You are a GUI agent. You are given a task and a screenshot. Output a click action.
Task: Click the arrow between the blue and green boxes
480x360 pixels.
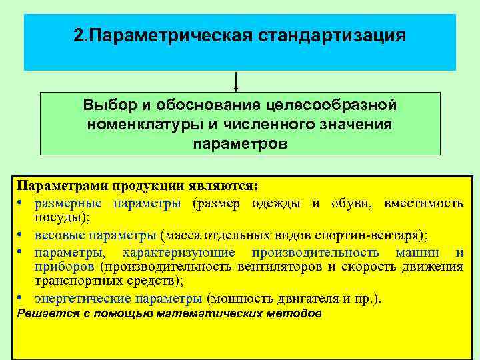pos(236,81)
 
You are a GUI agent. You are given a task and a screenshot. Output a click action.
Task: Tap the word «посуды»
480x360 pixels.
pos(60,218)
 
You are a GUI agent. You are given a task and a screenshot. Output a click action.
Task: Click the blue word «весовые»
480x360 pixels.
pos(58,235)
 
